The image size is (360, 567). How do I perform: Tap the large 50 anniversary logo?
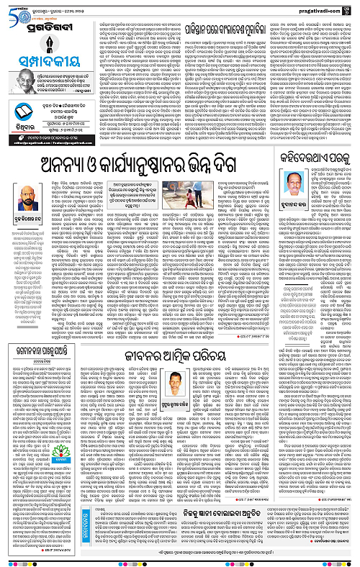[x=14, y=9]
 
